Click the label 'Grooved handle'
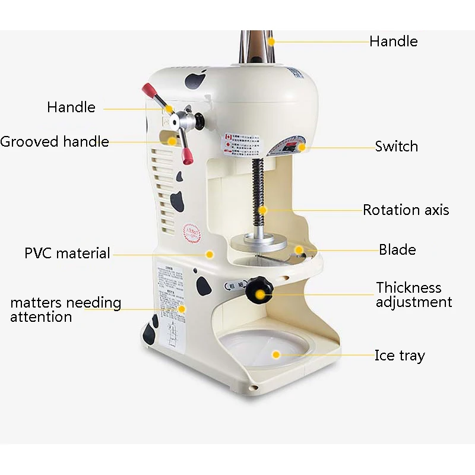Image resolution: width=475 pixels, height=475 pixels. point(55,142)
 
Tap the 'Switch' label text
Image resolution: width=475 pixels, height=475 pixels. point(396,147)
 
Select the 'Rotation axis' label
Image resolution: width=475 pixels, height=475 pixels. point(406,210)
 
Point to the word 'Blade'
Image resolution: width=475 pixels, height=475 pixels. point(397,250)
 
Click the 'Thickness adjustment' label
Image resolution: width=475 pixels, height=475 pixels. point(414,295)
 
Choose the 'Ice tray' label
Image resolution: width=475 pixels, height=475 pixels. point(400,356)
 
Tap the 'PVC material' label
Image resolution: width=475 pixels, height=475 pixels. point(67,254)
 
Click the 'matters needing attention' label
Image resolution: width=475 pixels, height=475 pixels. point(65,309)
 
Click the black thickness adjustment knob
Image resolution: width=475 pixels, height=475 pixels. point(259,290)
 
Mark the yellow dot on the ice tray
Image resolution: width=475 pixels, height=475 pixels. point(276,354)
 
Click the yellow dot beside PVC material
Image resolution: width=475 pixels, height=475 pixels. point(209,254)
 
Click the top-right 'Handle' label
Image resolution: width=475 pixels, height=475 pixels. point(393,42)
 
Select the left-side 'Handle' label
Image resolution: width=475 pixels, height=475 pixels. point(71,107)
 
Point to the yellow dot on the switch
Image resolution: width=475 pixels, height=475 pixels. point(302,147)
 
